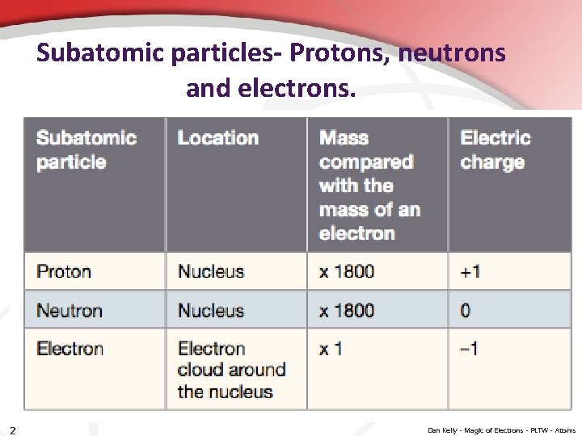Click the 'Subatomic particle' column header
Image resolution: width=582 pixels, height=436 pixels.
click(86, 150)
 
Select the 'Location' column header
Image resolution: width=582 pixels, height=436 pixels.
click(217, 138)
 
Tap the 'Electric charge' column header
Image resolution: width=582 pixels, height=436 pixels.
click(495, 150)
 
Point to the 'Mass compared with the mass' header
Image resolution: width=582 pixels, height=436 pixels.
click(369, 186)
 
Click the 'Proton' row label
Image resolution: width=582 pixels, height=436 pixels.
click(64, 271)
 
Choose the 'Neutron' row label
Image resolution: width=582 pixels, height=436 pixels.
click(70, 310)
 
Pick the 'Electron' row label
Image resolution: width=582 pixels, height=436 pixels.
click(70, 349)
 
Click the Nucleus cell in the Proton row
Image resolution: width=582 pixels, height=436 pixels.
click(210, 271)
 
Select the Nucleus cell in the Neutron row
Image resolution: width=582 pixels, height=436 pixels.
click(210, 310)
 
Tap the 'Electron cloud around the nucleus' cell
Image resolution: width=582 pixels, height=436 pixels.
click(231, 370)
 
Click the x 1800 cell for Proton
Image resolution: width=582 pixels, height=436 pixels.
click(347, 271)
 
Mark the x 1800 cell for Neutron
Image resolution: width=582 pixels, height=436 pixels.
click(347, 310)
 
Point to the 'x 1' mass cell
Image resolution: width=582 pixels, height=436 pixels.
click(331, 349)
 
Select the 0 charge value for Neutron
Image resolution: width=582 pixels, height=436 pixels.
click(466, 310)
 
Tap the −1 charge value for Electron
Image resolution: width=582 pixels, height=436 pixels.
click(469, 349)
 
